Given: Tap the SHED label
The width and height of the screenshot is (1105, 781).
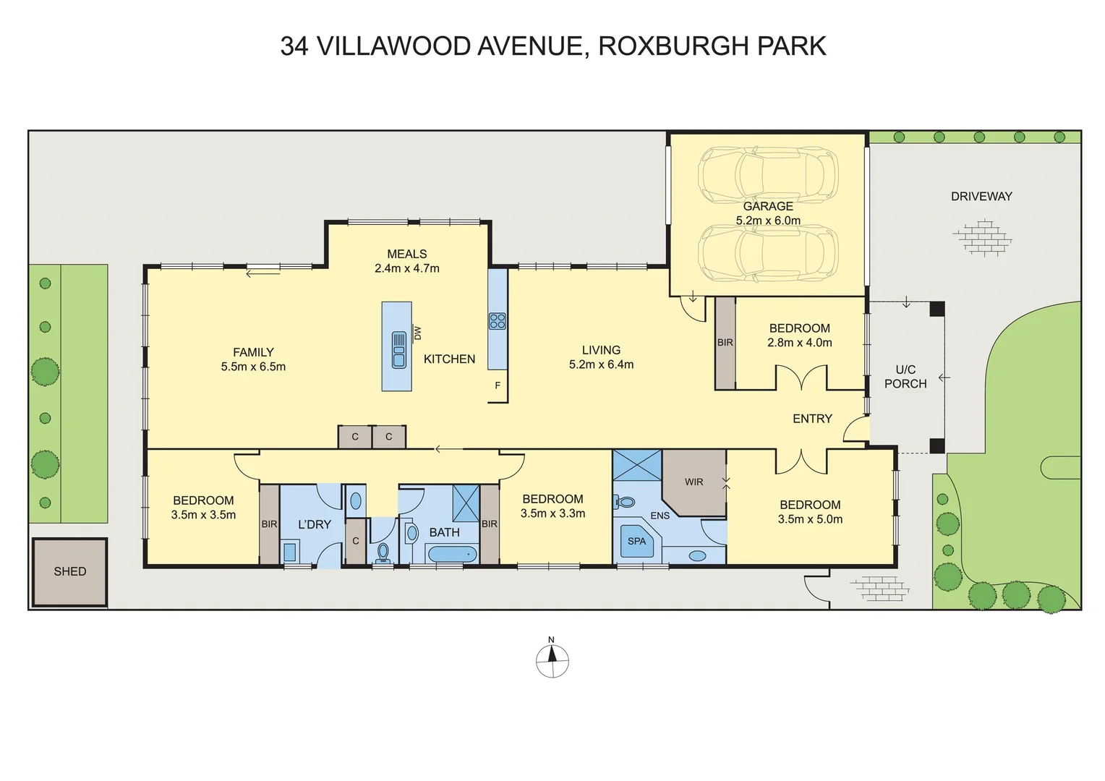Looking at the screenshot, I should click(70, 571).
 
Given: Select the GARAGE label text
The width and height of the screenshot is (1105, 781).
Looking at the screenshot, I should click(768, 206).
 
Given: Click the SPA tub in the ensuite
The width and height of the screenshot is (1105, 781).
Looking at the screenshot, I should click(637, 541).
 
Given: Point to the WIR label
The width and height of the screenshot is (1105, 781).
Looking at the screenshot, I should click(694, 482).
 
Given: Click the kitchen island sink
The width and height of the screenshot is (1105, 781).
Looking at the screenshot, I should click(398, 349).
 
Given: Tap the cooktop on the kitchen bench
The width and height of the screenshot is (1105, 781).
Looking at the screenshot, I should click(497, 321).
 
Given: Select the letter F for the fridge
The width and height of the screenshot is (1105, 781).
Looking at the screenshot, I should click(498, 385).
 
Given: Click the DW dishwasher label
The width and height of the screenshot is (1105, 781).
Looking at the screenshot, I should click(417, 333).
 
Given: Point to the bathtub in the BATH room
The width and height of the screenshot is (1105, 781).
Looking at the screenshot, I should click(453, 555).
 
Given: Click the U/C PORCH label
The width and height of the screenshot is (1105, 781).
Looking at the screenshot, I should click(905, 377).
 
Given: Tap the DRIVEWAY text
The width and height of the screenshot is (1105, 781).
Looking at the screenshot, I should click(981, 196).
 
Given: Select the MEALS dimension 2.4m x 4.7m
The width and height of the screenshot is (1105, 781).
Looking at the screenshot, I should click(407, 268).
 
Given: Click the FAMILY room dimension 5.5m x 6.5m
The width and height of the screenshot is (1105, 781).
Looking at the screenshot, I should click(253, 367).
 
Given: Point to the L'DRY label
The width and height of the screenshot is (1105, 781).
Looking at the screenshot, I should click(315, 524).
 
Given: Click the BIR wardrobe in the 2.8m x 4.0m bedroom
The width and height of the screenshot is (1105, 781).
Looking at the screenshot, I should click(725, 343).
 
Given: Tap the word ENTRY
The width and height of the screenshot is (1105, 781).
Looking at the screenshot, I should click(812, 419).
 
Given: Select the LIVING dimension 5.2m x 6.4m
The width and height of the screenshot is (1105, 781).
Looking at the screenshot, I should click(601, 364).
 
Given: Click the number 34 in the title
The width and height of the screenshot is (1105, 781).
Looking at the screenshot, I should click(294, 46).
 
